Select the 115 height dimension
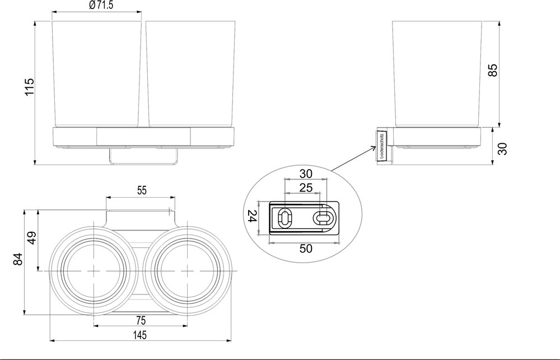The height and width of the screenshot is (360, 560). pos(30,87)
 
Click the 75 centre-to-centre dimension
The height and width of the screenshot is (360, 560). pos(141,320)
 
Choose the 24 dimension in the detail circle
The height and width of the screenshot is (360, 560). pos(251,217)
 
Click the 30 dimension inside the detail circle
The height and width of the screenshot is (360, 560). pos(306,173)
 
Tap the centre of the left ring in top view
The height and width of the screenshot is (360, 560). pos(92,271)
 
